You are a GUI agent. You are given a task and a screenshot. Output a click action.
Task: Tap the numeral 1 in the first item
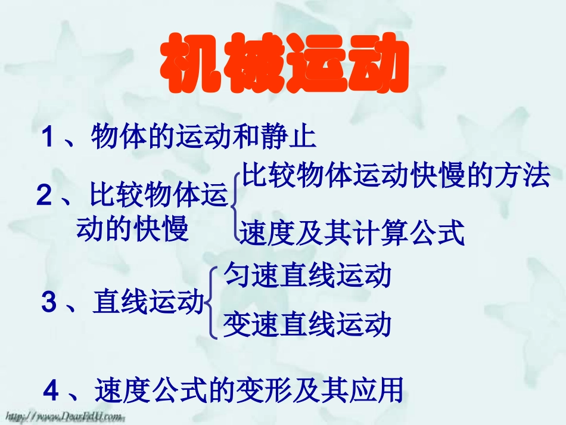pos(49,139)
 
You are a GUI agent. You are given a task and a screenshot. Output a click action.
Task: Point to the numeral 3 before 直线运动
pos(49,303)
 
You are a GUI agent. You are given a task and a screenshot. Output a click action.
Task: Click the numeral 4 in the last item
pos(52,391)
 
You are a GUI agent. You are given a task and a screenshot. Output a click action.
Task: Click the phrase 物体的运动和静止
pos(203,138)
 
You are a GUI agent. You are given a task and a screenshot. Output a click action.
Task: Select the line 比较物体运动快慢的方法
pos(395,176)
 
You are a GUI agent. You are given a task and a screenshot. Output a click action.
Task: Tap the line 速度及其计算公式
pos(352,233)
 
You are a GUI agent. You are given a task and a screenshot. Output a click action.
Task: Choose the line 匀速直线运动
pos(307,276)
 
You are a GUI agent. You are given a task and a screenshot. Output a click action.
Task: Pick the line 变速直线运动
pos(307,325)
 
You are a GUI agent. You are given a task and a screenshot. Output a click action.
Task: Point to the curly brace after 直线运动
pos(212,302)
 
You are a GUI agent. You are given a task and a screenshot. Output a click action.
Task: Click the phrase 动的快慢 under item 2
pos(132,228)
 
